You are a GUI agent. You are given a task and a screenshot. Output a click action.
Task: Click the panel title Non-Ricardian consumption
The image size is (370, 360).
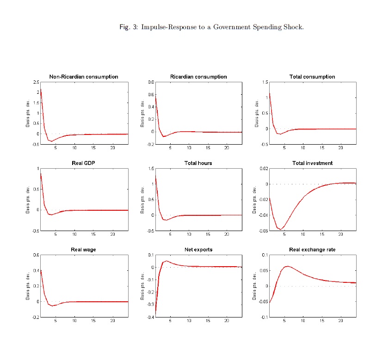click(84, 77)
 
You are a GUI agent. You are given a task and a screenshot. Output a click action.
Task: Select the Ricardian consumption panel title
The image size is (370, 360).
click(198, 77)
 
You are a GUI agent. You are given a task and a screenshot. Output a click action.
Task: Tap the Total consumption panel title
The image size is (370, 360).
click(312, 77)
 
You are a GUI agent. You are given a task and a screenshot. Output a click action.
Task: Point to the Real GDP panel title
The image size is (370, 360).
click(84, 163)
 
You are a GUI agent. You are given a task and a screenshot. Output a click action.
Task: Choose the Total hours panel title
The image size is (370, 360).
click(198, 163)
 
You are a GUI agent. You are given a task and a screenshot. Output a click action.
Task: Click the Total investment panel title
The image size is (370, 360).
click(312, 163)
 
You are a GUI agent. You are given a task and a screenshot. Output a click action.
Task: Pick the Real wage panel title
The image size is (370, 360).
click(84, 250)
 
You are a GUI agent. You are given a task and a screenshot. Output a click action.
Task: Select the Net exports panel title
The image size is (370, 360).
click(198, 250)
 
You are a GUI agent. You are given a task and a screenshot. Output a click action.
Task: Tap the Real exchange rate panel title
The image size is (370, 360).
click(312, 250)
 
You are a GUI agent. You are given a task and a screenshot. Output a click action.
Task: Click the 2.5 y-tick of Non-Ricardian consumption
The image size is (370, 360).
click(36, 82)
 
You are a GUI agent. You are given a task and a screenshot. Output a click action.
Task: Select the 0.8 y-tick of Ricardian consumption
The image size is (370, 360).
click(150, 82)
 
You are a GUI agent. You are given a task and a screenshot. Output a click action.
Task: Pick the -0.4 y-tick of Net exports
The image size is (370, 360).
click(150, 317)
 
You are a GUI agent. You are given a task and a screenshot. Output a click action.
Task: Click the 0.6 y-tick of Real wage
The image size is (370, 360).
click(36, 255)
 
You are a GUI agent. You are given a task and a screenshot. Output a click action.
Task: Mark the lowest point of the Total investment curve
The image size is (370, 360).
click(280, 229)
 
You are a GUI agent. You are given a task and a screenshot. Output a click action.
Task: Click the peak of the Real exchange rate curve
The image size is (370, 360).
click(288, 266)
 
